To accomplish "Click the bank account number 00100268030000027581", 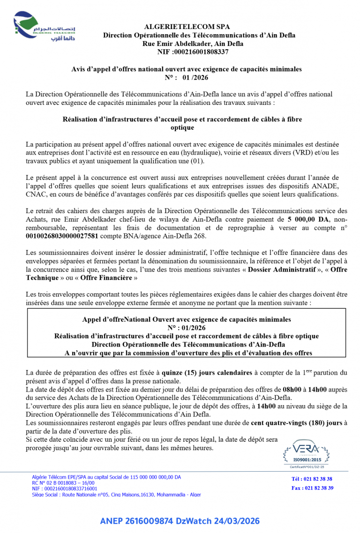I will (62, 236).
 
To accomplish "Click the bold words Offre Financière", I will (106, 278).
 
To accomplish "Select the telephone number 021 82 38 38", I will (318, 479).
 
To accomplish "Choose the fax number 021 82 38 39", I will (319, 488).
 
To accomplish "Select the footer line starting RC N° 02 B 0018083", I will (63, 482).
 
